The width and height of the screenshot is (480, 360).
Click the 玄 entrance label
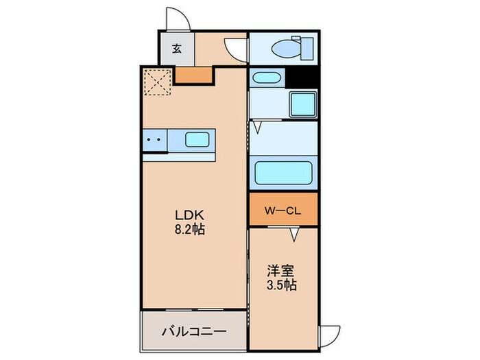(x=177, y=49)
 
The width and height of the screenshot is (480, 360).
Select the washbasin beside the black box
(x=265, y=78)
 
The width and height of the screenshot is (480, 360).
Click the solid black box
(x=302, y=77)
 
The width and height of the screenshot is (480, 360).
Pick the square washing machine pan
(x=302, y=104)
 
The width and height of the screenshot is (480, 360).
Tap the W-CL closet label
(x=283, y=210)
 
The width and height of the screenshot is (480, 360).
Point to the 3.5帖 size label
(x=282, y=284)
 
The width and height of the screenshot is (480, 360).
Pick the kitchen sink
(x=197, y=140)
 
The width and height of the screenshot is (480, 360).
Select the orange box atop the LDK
(x=193, y=75)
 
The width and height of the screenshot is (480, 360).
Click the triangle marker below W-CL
(x=295, y=235)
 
